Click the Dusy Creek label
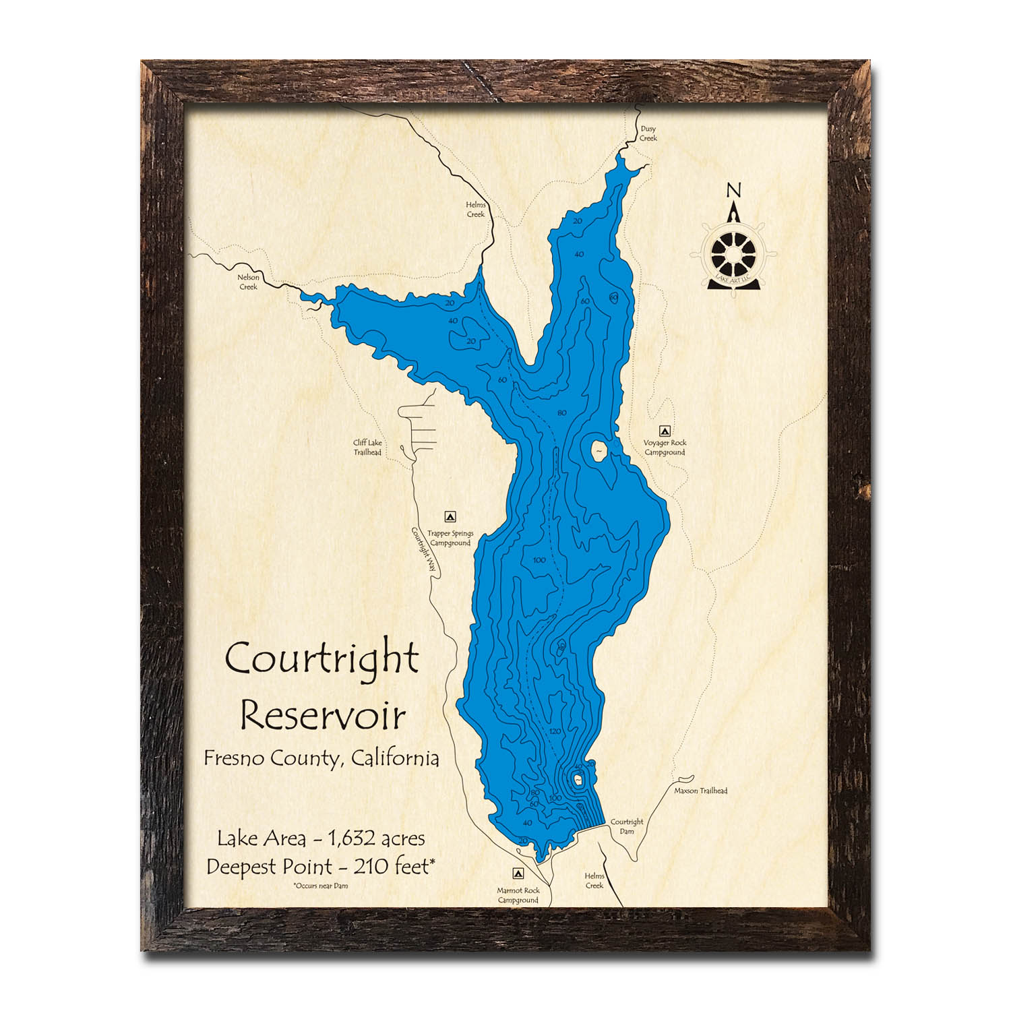point(648,133)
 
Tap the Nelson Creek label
point(248,282)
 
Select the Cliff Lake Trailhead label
point(367,448)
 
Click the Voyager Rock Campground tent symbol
point(665,430)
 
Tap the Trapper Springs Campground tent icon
point(450,517)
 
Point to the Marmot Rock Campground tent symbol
point(518,873)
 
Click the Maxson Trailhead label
point(701,791)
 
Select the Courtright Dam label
point(627,826)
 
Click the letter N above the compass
point(733,191)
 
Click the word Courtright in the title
point(322,658)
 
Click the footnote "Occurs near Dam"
point(321,886)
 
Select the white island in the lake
point(598,450)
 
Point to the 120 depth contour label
point(555,731)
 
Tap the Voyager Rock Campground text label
point(665,448)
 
